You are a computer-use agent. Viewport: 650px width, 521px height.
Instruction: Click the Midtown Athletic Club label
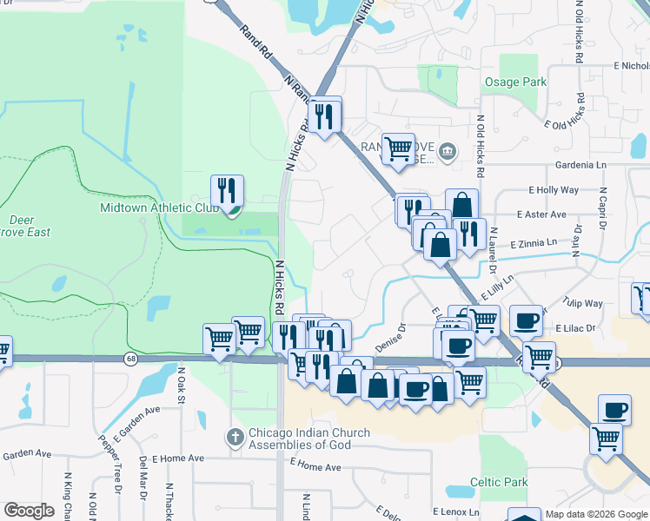pyautogui.click(x=159, y=208)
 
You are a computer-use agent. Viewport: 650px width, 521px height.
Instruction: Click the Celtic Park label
pyautogui.click(x=499, y=482)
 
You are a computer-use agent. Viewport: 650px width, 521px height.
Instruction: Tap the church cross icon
pyautogui.click(x=235, y=439)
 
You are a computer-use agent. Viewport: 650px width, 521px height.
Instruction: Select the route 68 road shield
pyautogui.click(x=130, y=359)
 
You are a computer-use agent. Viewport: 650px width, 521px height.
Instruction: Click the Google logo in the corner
pyautogui.click(x=29, y=510)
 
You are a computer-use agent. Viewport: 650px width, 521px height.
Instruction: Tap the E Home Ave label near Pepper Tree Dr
pyautogui.click(x=177, y=458)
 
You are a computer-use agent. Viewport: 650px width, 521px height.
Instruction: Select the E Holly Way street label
pyautogui.click(x=553, y=189)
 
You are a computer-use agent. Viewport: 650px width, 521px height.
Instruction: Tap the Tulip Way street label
pyautogui.click(x=581, y=304)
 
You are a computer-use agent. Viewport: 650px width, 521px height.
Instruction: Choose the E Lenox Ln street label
pyautogui.click(x=457, y=512)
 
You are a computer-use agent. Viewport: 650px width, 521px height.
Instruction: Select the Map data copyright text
pyautogui.click(x=596, y=514)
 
